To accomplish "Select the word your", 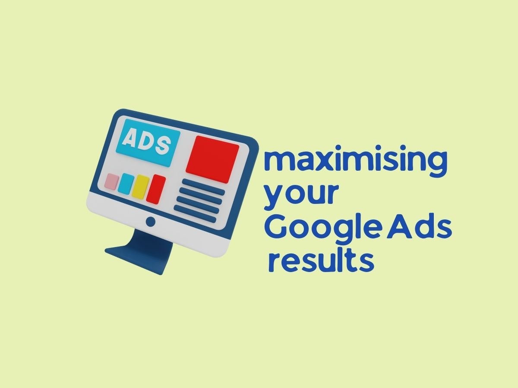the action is tap(301, 197).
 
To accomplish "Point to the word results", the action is tap(321, 263).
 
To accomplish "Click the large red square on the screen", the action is tap(212, 159).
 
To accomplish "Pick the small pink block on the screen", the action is tap(112, 181).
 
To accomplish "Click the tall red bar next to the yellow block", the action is tap(156, 189).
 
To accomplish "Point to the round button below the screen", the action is tap(151, 222).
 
